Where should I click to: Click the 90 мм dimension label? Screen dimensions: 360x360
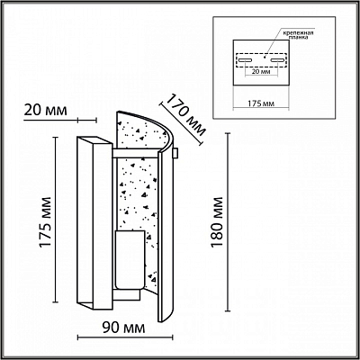pyautogui.click(x=123, y=328)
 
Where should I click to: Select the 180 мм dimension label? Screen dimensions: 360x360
pyautogui.click(x=217, y=222)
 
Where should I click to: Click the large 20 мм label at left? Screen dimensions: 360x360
pyautogui.click(x=45, y=111)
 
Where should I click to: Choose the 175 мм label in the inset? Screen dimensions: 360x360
pyautogui.click(x=261, y=103)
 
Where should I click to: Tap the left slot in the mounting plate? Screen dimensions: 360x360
pyautogui.click(x=246, y=60)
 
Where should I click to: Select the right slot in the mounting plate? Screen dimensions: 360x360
pyautogui.click(x=277, y=60)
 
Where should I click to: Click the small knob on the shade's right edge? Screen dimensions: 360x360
pyautogui.click(x=175, y=153)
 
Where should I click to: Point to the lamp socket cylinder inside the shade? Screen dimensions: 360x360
pyautogui.click(x=130, y=260)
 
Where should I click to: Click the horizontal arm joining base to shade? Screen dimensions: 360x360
pyautogui.click(x=135, y=153)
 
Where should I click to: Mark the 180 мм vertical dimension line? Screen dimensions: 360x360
pyautogui.click(x=229, y=222)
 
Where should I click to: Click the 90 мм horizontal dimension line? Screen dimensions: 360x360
pyautogui.click(x=125, y=337)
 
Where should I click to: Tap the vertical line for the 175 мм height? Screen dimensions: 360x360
pyautogui.click(x=55, y=220)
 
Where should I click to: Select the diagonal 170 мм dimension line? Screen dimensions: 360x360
pyautogui.click(x=181, y=124)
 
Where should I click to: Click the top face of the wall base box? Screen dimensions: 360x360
pyautogui.click(x=94, y=141)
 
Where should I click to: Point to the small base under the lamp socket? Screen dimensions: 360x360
pyautogui.click(x=127, y=294)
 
